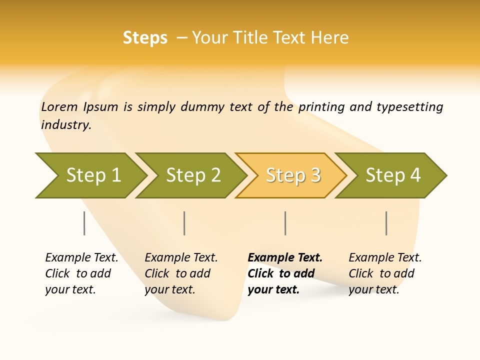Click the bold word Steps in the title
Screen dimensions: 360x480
pyautogui.click(x=145, y=38)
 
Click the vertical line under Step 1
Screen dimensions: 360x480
pyautogui.click(x=84, y=223)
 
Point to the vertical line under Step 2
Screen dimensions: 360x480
pyautogui.click(x=184, y=223)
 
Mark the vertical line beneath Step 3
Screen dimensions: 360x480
pyautogui.click(x=285, y=223)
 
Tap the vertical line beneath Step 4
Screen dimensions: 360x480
pyautogui.click(x=386, y=223)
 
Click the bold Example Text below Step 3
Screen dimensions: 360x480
pyautogui.click(x=285, y=258)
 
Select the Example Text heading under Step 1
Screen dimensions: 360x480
pyautogui.click(x=81, y=258)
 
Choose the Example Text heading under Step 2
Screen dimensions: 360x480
pyautogui.click(x=181, y=258)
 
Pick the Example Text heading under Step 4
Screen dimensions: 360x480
pyautogui.click(x=385, y=258)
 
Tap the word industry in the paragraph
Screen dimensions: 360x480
pyautogui.click(x=66, y=125)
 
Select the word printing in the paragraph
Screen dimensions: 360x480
pyautogui.click(x=321, y=107)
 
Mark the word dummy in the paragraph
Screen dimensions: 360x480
pyautogui.click(x=203, y=107)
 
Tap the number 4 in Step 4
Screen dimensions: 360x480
pyautogui.click(x=415, y=175)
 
